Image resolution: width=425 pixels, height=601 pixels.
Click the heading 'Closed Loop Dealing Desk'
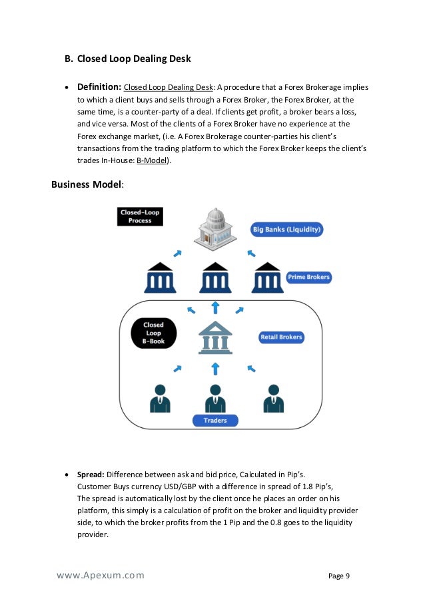pos(134,59)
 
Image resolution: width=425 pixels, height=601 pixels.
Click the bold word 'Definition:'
pos(99,87)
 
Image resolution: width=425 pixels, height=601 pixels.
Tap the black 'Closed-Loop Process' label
pos(140,216)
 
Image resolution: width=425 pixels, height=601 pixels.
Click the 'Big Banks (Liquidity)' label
pos(286,230)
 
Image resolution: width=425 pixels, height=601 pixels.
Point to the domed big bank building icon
pos(214,227)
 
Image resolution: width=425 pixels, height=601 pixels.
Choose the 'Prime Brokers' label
pos(308,276)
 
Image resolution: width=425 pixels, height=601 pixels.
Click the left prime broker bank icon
pos(161,278)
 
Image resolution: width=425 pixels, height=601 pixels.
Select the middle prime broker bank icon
pos(214,278)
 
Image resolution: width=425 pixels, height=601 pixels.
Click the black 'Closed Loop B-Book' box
pos(154,333)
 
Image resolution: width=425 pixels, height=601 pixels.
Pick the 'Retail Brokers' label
pos(281,337)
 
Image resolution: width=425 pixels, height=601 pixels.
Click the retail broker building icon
pos(214,337)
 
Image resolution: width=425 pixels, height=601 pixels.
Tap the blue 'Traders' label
pos(214,421)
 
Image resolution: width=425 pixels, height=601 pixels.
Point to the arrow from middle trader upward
pos(214,368)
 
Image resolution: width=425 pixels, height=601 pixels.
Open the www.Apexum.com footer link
pos(99,576)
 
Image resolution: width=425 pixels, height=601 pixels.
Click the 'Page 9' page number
pos(339,576)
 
